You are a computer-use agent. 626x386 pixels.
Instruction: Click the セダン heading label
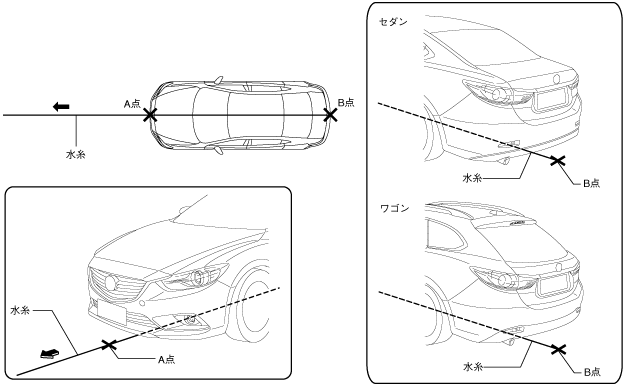coord(393,22)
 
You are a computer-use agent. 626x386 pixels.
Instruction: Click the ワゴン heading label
coord(394,208)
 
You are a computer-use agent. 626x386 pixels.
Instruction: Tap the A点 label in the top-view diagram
coord(132,104)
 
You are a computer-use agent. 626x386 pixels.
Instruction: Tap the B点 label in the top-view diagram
coord(346,103)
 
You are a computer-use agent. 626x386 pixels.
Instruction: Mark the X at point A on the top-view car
coord(150,115)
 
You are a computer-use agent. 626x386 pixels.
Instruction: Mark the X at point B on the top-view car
coord(330,115)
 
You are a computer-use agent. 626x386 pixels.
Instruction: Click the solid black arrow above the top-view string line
coord(61,107)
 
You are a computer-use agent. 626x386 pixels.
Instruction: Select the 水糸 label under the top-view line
coord(75,154)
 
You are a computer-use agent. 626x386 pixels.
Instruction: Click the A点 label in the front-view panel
coord(166,360)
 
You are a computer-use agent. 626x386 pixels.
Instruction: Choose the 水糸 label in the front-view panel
coord(20,310)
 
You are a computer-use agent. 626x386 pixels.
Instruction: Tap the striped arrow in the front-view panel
coord(50,354)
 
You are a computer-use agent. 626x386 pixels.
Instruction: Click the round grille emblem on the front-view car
coord(111,283)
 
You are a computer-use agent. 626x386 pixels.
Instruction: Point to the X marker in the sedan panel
coord(558,160)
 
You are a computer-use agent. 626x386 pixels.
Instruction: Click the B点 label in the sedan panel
coord(591,183)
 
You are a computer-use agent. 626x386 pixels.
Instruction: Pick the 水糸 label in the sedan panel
coord(472,178)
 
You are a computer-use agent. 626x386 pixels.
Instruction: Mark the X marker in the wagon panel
coord(558,349)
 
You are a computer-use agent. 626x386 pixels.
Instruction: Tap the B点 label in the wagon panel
coord(592,372)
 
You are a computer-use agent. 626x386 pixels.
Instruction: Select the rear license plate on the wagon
coord(554,286)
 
